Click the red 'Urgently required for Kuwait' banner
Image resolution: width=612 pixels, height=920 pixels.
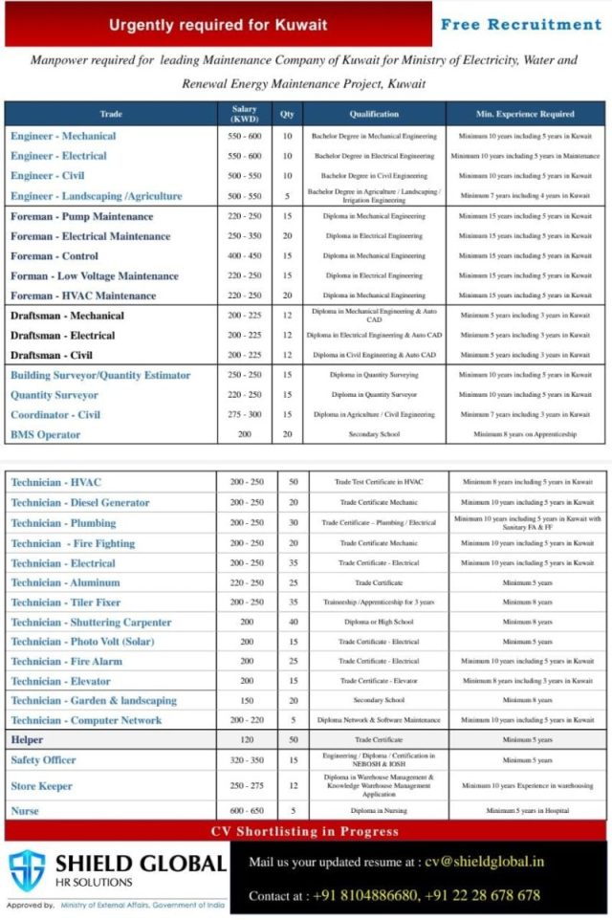(217, 25)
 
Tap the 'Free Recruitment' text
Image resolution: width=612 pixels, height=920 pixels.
(520, 24)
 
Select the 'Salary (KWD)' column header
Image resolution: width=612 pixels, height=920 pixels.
(244, 114)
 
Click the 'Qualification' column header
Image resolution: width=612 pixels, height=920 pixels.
(373, 114)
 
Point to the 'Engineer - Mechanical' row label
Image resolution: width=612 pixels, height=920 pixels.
(63, 136)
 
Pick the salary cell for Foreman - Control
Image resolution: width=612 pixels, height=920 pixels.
(244, 256)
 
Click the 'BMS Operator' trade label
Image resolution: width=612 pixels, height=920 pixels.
(45, 435)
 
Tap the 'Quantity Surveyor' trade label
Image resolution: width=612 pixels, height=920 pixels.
(55, 395)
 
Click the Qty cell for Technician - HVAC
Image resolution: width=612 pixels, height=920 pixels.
(293, 482)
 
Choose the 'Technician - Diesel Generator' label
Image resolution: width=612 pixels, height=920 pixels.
(80, 502)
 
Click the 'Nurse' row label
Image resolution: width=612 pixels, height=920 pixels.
(25, 810)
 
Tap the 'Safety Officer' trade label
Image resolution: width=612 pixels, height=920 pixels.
(43, 760)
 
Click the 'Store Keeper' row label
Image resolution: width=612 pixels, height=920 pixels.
(41, 786)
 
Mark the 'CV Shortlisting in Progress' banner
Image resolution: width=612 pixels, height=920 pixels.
(305, 831)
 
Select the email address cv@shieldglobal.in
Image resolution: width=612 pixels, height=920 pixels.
(484, 861)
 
